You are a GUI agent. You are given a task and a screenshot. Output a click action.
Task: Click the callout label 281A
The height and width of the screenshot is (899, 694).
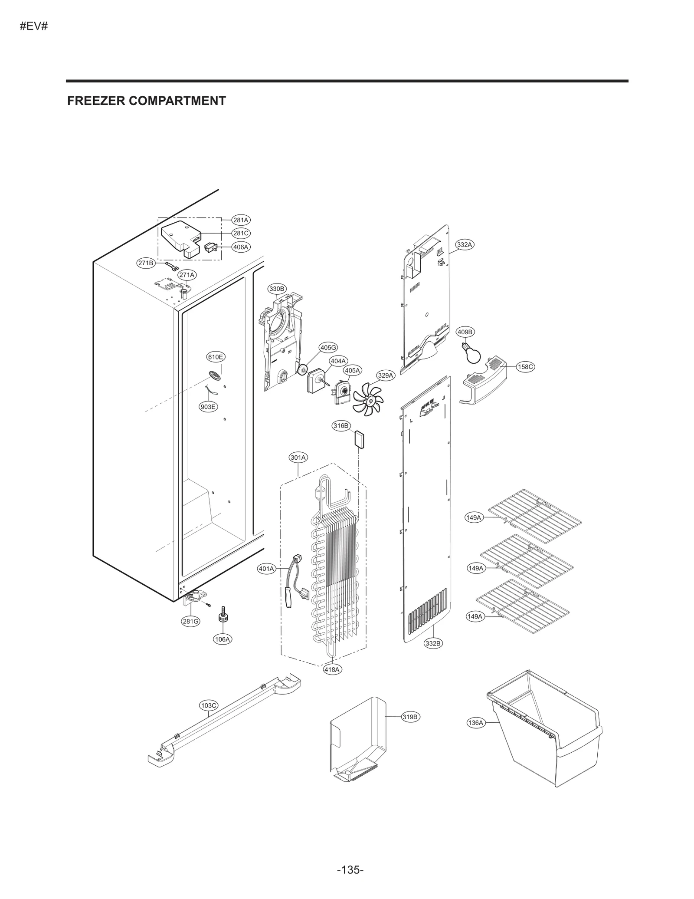[x=241, y=220]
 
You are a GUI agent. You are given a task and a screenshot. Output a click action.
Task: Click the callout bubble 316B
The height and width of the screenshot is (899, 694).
[x=341, y=426]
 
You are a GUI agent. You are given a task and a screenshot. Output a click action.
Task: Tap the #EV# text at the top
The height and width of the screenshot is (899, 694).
[x=33, y=26]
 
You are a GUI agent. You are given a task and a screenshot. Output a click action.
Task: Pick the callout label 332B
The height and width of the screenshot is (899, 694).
[x=433, y=643]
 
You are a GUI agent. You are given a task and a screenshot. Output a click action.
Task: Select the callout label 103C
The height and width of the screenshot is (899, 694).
[x=209, y=705]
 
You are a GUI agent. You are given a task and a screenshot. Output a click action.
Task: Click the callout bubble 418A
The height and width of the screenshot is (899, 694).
[x=332, y=669]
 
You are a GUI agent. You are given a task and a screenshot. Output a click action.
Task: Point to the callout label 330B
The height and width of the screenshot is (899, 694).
[x=276, y=289]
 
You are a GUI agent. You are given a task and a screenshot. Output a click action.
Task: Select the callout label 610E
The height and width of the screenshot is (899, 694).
[x=216, y=357]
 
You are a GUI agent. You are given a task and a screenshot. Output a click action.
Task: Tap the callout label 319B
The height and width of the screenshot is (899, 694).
[x=410, y=717]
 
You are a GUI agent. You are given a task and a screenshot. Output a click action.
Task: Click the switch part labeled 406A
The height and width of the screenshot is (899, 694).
[x=210, y=248]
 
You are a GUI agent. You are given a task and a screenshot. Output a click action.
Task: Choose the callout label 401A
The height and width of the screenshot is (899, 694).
[x=267, y=569]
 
